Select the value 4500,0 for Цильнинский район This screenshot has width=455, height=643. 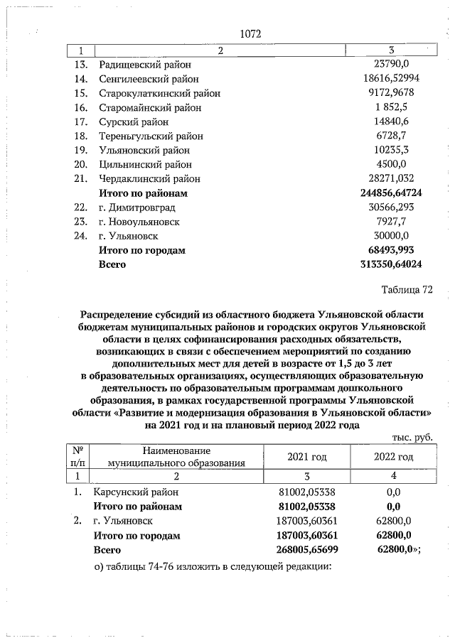[391, 164]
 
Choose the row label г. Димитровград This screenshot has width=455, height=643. [137, 207]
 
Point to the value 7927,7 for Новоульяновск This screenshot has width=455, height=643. [391, 222]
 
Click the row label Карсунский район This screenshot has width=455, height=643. [134, 492]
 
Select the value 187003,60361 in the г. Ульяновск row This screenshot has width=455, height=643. [306, 521]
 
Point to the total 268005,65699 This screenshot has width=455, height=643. [306, 550]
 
